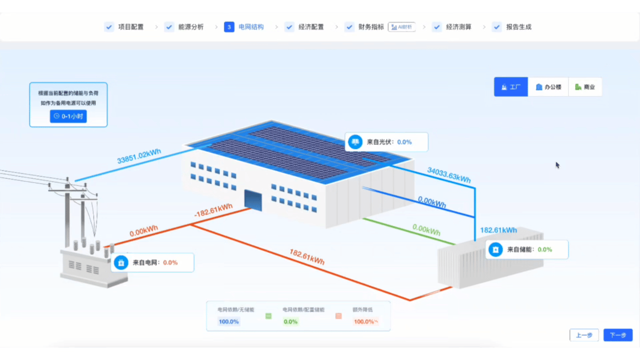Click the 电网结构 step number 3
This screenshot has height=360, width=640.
pos(229,27)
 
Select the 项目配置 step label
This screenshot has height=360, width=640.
pos(131,27)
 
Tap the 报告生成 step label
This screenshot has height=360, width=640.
pos(518,27)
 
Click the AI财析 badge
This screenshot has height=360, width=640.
pos(401,27)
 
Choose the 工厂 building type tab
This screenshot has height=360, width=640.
pos(511,87)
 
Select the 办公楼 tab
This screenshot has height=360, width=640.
pos(548,87)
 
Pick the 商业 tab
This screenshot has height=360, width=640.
pos(585,87)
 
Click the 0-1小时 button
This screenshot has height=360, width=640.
pos(71,116)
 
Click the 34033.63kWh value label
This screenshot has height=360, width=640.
pos(448,174)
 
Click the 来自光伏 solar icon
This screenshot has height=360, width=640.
pos(355,142)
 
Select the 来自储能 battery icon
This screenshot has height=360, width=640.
pos(495,249)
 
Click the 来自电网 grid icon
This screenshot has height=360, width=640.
pos(121,262)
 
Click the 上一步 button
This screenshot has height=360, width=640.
pos(584,335)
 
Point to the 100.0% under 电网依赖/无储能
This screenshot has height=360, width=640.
pos(228,321)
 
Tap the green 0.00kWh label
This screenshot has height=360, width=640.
pos(426,230)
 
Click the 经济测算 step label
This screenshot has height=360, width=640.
pos(458,27)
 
